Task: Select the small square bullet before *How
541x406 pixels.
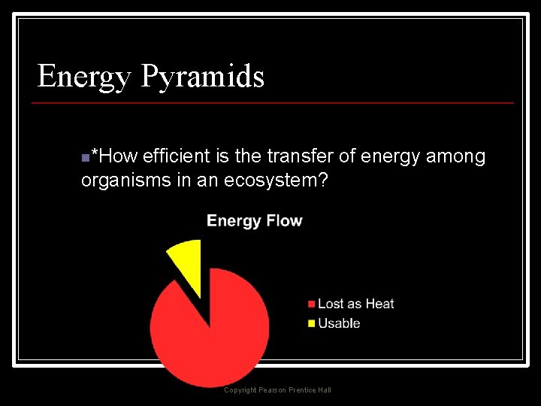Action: click(x=85, y=158)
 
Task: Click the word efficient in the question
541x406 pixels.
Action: click(x=176, y=156)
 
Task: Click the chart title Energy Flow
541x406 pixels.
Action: click(x=254, y=220)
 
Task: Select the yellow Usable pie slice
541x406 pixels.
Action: click(x=186, y=259)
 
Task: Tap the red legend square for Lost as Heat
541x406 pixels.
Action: click(x=311, y=304)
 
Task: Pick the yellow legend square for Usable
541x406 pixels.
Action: click(x=311, y=324)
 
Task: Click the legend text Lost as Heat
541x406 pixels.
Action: click(x=356, y=304)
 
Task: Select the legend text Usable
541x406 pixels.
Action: click(x=339, y=323)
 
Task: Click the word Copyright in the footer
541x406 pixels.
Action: click(x=240, y=390)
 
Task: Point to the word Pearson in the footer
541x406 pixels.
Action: click(x=273, y=390)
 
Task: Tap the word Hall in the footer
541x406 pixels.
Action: click(x=324, y=390)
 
